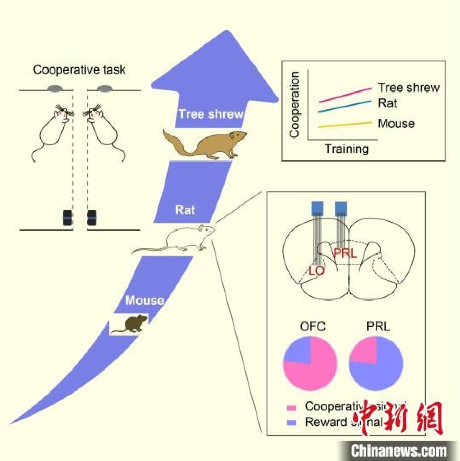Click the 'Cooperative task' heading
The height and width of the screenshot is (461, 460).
pyautogui.click(x=79, y=70)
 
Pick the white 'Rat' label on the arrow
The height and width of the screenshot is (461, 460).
pyautogui.click(x=186, y=210)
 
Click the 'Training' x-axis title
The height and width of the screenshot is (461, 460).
pyautogui.click(x=347, y=149)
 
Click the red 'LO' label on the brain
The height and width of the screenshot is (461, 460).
pyautogui.click(x=317, y=271)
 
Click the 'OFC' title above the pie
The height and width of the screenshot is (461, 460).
pyautogui.click(x=311, y=326)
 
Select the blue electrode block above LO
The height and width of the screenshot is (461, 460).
pyautogui.click(x=317, y=207)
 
